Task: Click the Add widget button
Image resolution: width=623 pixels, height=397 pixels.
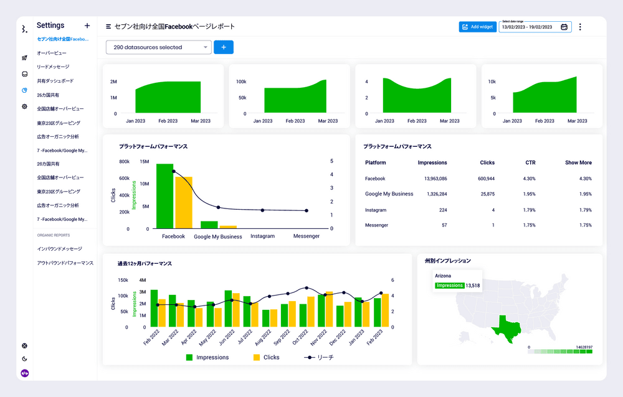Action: tap(477, 27)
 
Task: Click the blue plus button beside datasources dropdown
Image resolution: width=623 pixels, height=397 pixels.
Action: tap(223, 47)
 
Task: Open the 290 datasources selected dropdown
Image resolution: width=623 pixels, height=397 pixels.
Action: tap(159, 47)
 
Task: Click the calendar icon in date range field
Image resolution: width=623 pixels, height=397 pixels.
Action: tap(564, 27)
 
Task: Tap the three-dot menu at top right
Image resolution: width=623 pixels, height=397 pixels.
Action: tap(580, 27)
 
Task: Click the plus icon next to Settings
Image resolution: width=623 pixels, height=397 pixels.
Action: tap(87, 26)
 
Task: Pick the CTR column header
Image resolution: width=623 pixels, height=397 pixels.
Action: tap(530, 163)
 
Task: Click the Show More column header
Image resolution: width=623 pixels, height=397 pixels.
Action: tap(578, 163)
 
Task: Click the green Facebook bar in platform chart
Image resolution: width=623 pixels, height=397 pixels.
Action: tap(164, 196)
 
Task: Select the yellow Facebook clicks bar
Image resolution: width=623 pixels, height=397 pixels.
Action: tap(184, 203)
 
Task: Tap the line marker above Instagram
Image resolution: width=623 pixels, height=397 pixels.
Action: tap(262, 210)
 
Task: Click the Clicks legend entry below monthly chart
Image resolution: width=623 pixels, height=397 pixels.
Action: tap(266, 358)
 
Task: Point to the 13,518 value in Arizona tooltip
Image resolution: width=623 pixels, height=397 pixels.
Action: tap(473, 286)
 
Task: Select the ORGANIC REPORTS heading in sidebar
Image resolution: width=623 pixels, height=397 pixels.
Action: tap(53, 235)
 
